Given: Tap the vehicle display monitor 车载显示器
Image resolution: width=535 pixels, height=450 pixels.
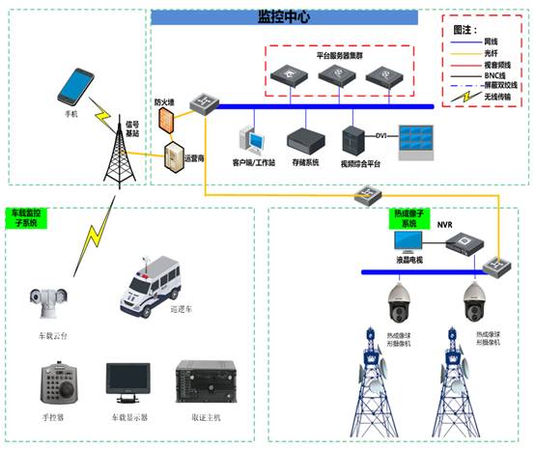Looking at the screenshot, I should (127, 384).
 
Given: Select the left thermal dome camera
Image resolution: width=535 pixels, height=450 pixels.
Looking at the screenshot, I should (399, 304).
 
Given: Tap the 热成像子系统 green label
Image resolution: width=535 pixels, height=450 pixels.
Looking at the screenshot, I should (413, 217).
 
